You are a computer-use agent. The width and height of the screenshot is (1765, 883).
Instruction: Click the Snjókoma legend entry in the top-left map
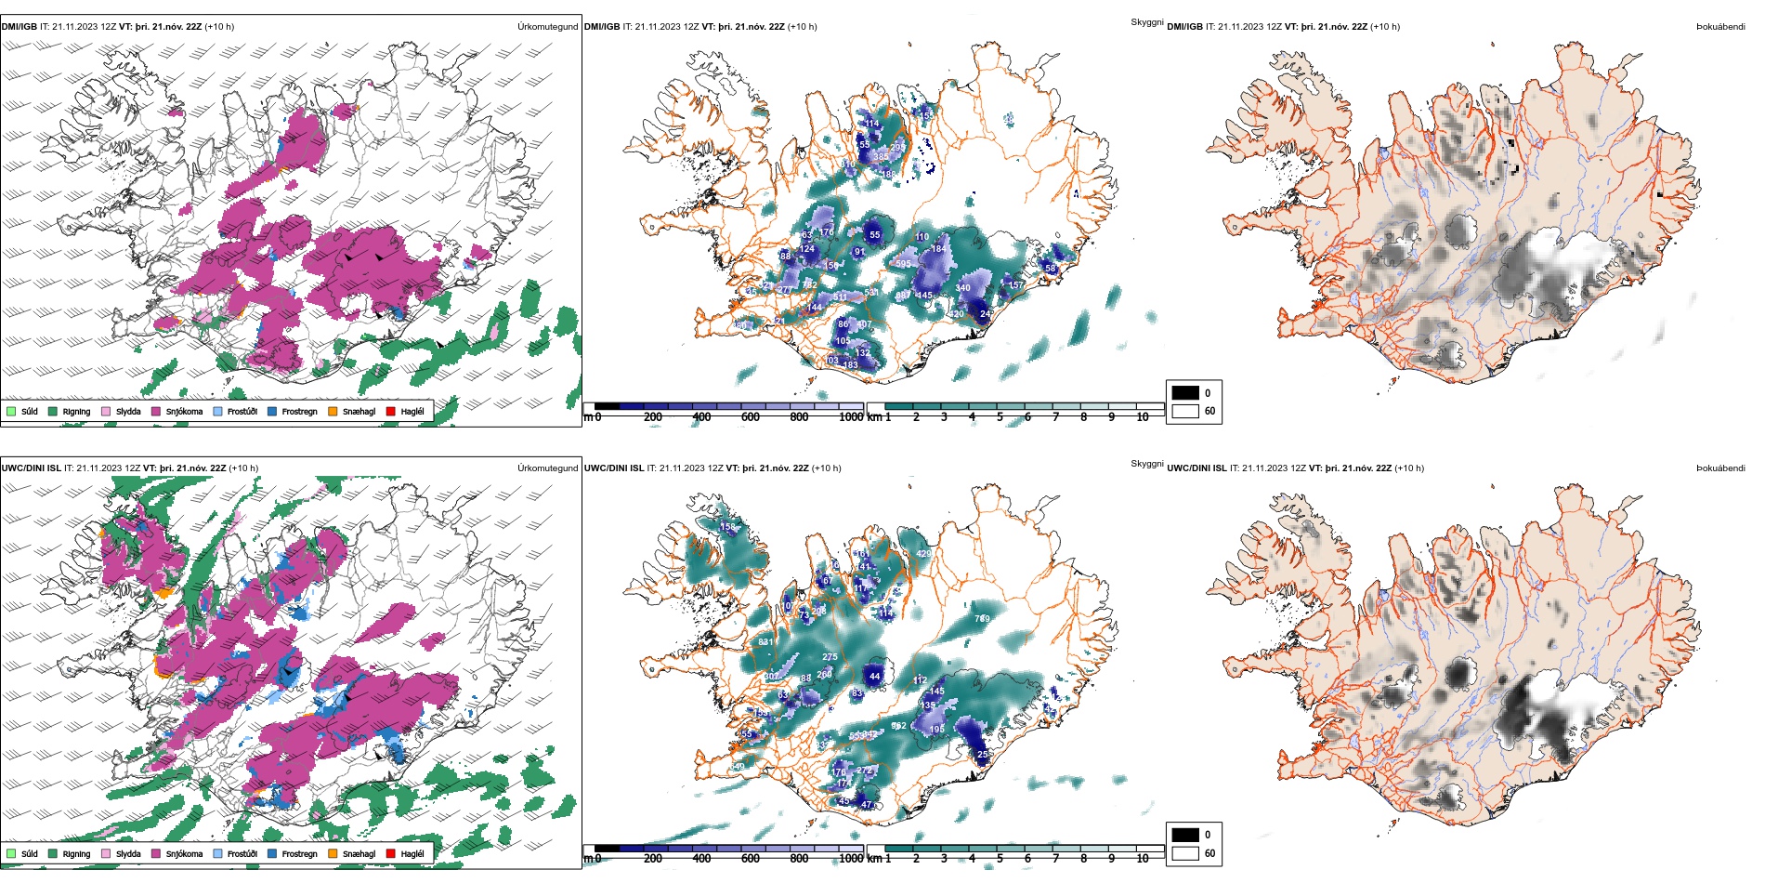tap(184, 411)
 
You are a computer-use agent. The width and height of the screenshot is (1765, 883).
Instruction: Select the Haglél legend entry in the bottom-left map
tap(412, 853)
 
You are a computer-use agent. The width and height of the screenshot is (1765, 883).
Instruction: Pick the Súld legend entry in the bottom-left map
tap(29, 853)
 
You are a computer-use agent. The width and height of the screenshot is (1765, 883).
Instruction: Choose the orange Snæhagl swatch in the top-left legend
tap(333, 411)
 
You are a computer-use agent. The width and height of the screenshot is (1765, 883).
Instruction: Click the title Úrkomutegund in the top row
tap(547, 26)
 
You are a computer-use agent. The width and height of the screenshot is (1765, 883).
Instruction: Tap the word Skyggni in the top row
tap(1146, 22)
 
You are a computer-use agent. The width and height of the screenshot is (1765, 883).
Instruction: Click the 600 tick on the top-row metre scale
tap(750, 417)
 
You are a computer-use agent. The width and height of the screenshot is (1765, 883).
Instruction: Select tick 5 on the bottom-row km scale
tap(1000, 859)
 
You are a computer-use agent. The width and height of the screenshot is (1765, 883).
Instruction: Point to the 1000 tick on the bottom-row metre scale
tap(850, 859)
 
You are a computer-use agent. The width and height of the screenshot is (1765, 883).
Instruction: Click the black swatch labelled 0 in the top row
tap(1185, 392)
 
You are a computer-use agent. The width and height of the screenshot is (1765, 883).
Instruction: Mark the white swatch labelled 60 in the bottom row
tap(1185, 853)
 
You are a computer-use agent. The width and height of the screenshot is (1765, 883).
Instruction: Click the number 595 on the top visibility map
tap(903, 264)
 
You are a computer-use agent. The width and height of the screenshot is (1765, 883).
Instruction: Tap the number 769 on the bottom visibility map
tap(982, 618)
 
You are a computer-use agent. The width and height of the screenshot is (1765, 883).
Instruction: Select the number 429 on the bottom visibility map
tap(923, 554)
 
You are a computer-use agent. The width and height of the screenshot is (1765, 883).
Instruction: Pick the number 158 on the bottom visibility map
tap(728, 527)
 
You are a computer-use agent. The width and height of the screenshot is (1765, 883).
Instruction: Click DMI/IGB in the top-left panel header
tap(19, 26)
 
